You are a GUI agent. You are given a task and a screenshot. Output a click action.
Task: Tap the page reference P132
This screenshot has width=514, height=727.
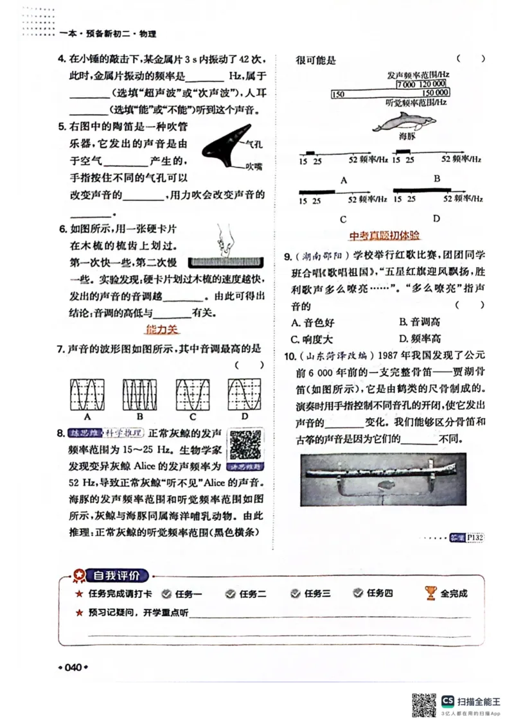point(475,537)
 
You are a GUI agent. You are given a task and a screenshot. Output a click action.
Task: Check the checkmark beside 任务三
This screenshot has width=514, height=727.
point(295,594)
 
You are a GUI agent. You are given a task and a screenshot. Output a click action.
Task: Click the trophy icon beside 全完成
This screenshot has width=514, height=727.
point(430,593)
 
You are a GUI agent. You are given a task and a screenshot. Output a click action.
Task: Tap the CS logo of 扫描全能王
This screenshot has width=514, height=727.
point(447,701)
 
